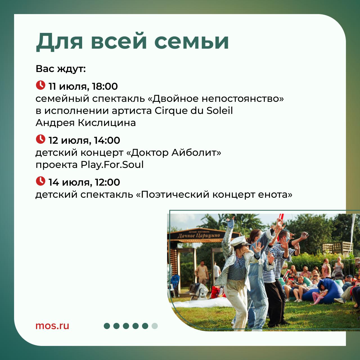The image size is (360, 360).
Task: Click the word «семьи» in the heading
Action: click(192, 42)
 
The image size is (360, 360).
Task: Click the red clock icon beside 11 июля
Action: click(40, 85)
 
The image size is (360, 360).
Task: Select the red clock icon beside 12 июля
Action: click(40, 139)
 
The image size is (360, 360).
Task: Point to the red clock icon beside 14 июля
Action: click(40, 181)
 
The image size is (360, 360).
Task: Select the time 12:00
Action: click(107, 182)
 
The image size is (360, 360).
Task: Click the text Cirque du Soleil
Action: click(194, 111)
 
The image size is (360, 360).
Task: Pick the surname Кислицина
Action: click(107, 123)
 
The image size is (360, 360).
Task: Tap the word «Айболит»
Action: click(196, 153)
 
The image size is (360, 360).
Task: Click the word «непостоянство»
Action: click(243, 99)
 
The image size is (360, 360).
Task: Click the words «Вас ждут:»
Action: click(61, 69)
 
